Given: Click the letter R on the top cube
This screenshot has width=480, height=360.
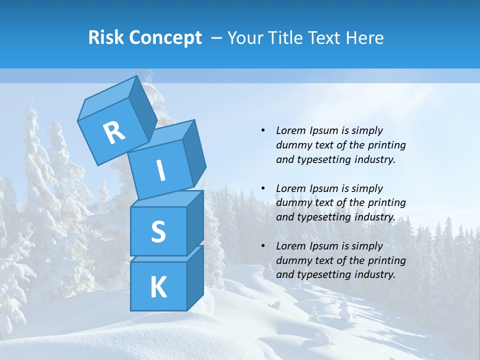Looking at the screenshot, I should pyautogui.click(x=114, y=132).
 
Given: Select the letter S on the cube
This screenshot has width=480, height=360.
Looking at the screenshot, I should pyautogui.click(x=158, y=231).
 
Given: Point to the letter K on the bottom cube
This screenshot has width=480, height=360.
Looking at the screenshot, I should pyautogui.click(x=158, y=287).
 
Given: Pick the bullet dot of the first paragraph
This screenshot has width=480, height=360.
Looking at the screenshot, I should pyautogui.click(x=263, y=131).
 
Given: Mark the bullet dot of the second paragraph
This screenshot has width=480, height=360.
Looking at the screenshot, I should pyautogui.click(x=263, y=188).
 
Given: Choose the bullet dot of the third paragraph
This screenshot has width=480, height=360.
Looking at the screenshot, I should pyautogui.click(x=263, y=246).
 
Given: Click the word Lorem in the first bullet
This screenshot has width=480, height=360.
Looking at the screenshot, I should pyautogui.click(x=291, y=131).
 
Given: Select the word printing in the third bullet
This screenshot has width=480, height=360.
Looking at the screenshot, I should pyautogui.click(x=386, y=260).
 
